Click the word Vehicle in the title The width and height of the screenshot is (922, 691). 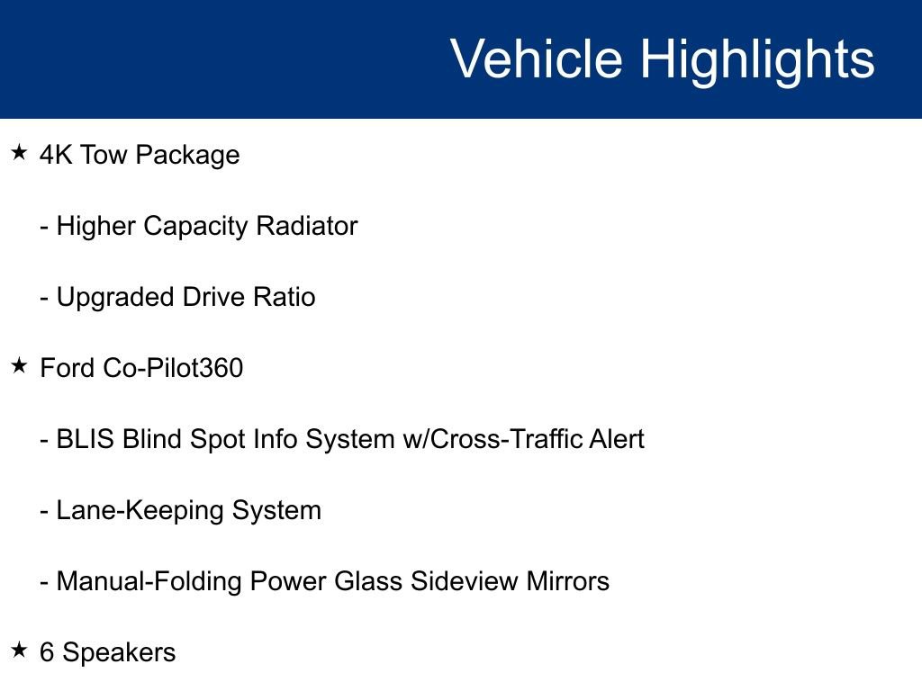(x=537, y=59)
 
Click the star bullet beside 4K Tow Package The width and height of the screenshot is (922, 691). (x=20, y=153)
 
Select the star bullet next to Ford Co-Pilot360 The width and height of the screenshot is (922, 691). (x=20, y=366)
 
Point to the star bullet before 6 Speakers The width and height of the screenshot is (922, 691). (x=20, y=651)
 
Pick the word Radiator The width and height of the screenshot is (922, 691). (x=307, y=226)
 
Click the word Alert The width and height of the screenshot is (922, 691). (x=616, y=439)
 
